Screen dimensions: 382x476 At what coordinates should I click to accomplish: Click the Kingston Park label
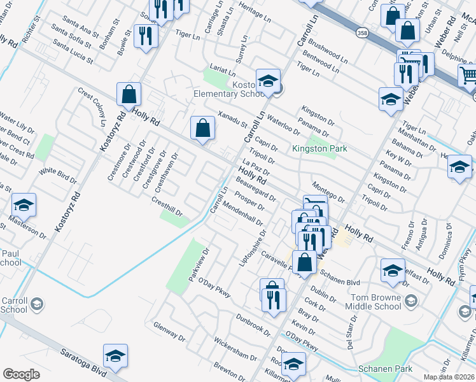(x=319, y=148)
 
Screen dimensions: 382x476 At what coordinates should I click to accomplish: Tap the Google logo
(x=21, y=374)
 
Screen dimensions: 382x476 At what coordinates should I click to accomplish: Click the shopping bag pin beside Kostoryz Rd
(x=129, y=95)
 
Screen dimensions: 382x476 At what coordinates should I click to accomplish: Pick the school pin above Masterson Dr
(x=24, y=205)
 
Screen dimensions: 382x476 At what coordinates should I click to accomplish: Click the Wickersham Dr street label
(x=236, y=349)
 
